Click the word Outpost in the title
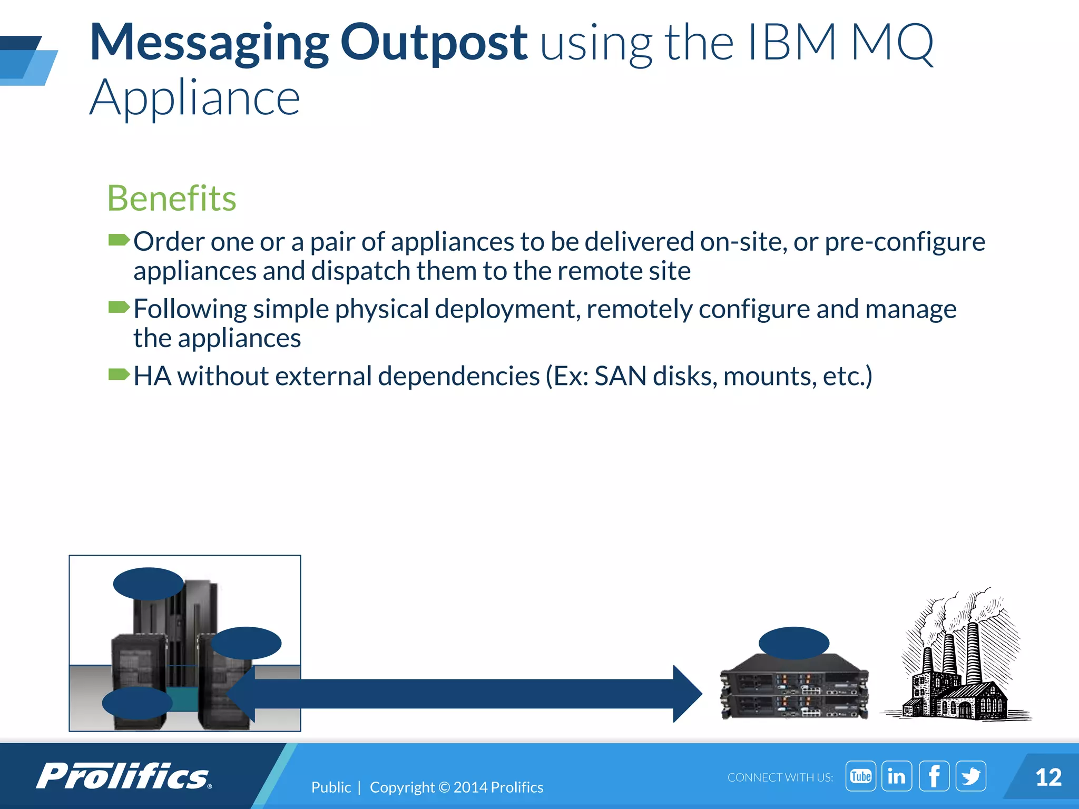pyautogui.click(x=433, y=43)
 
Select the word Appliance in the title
pyautogui.click(x=195, y=98)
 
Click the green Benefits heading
pyautogui.click(x=172, y=199)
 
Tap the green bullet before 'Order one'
pyautogui.click(x=119, y=241)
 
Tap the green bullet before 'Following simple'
pyautogui.click(x=119, y=308)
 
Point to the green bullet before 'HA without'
pyautogui.click(x=119, y=374)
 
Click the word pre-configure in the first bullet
pyautogui.click(x=905, y=242)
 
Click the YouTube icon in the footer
pyautogui.click(x=860, y=776)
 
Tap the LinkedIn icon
pyautogui.click(x=897, y=776)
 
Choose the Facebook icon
pyautogui.click(x=934, y=776)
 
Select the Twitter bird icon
pyautogui.click(x=970, y=776)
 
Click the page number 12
pyautogui.click(x=1048, y=777)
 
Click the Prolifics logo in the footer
pyautogui.click(x=124, y=776)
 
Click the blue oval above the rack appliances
pyautogui.click(x=794, y=643)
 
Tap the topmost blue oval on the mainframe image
pyautogui.click(x=148, y=583)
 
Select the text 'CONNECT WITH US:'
pyautogui.click(x=780, y=777)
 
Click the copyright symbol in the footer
pyautogui.click(x=444, y=787)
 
